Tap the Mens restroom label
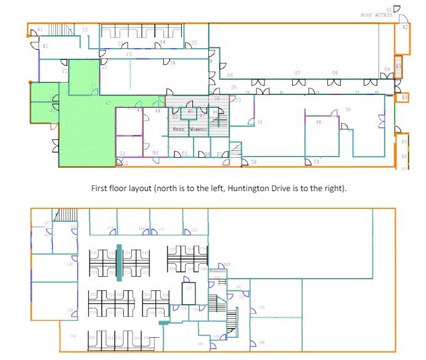pos(179,129)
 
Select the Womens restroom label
pos(199,129)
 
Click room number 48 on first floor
pos(318,122)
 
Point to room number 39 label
pos(348,110)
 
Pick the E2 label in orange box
pos(405,27)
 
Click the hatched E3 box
pos(399,67)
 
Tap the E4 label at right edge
pos(404,97)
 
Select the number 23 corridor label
pos(128,55)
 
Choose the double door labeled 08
pos(335,80)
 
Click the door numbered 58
pos(253,162)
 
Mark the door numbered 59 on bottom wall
pos(316,162)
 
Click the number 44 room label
pos(158,111)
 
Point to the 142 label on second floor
pos(73,336)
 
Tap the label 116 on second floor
pos(194,230)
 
